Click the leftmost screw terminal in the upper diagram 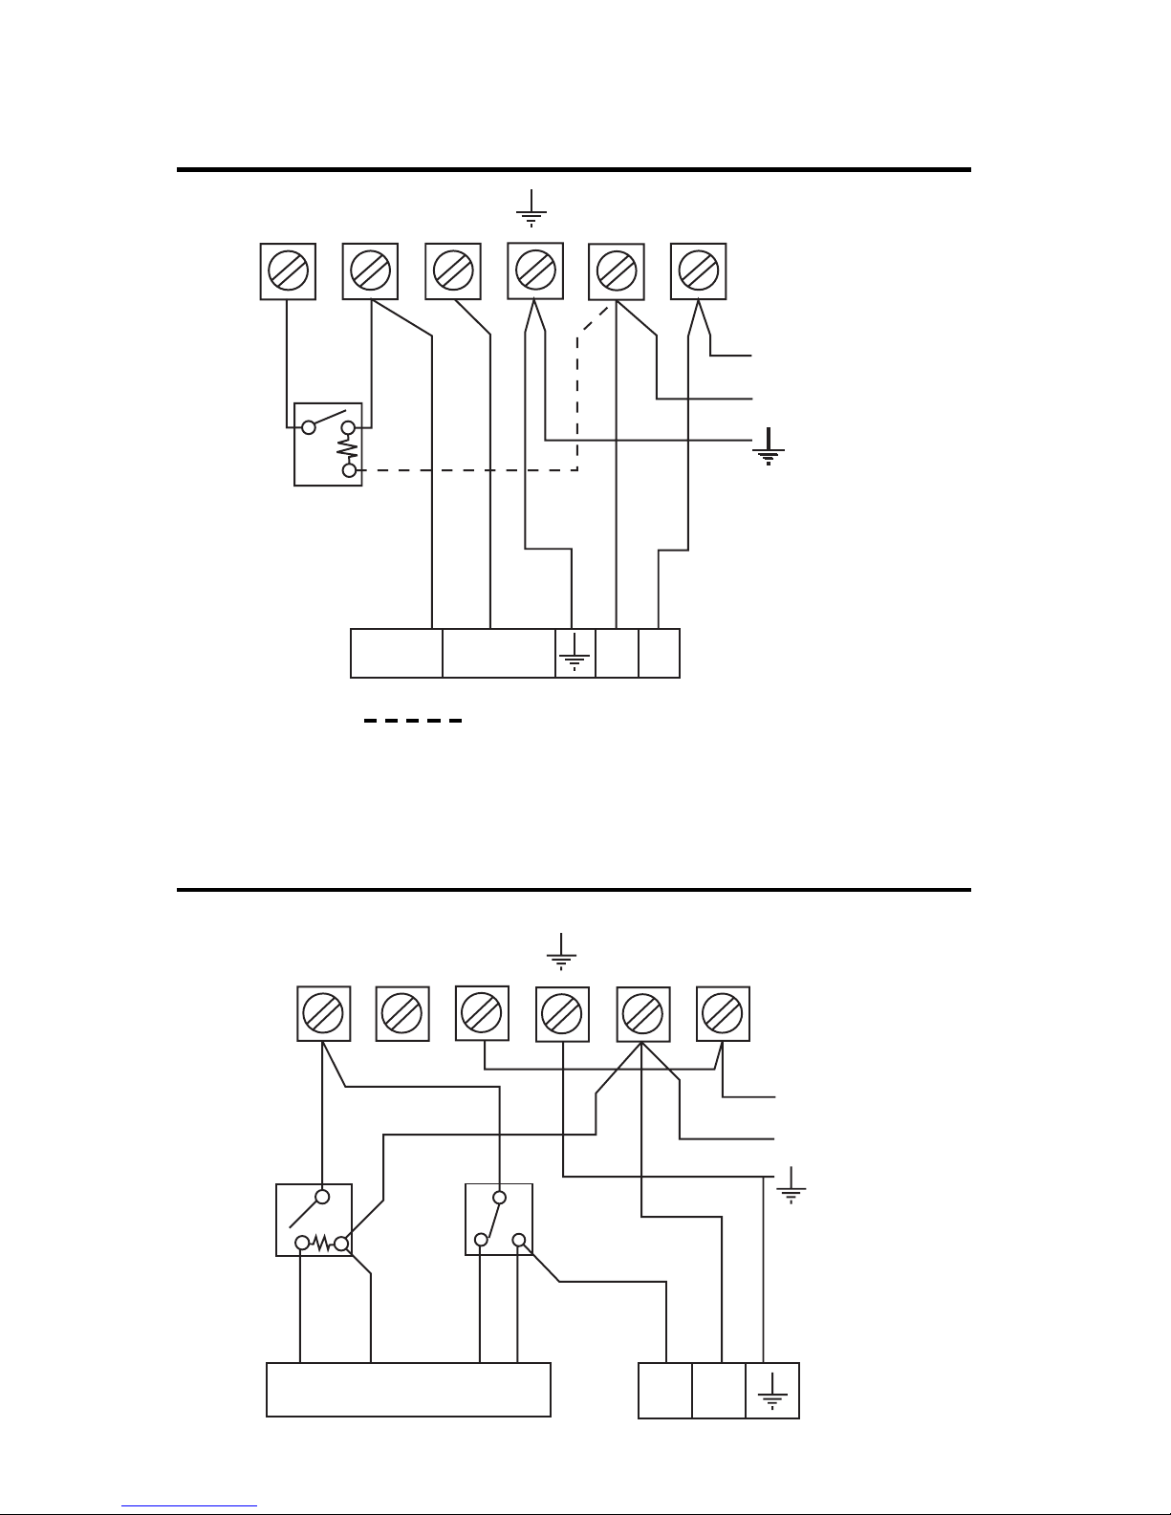click(x=288, y=271)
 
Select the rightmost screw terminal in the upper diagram click(x=699, y=271)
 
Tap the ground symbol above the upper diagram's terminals click(x=531, y=207)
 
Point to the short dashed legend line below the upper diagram click(x=413, y=720)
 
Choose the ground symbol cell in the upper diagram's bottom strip click(x=575, y=653)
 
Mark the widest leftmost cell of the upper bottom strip click(x=397, y=653)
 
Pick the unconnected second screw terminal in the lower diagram click(x=403, y=1013)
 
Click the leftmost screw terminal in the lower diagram click(x=323, y=1013)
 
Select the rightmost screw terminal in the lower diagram click(x=723, y=1013)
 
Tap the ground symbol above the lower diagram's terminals click(x=561, y=951)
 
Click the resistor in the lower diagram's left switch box click(x=321, y=1244)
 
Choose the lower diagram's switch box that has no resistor click(x=498, y=1219)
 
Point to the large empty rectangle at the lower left click(x=408, y=1389)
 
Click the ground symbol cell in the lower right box click(x=771, y=1391)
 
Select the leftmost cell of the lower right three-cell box click(x=664, y=1391)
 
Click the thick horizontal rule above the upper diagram click(x=574, y=170)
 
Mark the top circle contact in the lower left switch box click(x=323, y=1197)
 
